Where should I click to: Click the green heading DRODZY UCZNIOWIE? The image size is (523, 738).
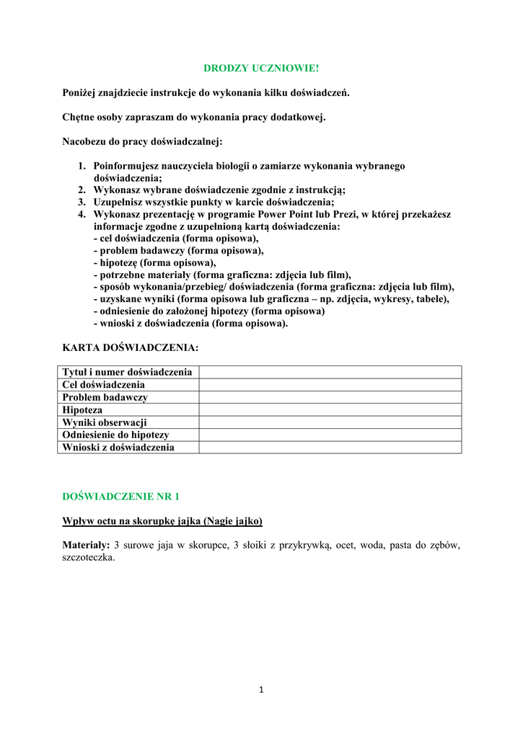click(260, 68)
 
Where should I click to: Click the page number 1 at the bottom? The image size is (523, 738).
click(261, 690)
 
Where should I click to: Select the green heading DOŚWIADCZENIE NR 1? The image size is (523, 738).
click(120, 497)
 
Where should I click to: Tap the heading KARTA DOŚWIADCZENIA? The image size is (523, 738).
click(130, 347)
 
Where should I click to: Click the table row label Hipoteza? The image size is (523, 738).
click(82, 410)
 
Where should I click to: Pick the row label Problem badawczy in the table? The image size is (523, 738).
click(105, 397)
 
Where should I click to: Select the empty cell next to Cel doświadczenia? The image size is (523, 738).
click(330, 385)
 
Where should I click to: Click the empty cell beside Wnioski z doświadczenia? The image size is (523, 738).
click(330, 448)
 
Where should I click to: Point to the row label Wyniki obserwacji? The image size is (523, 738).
click(105, 422)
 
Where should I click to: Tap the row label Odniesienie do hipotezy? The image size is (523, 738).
click(115, 435)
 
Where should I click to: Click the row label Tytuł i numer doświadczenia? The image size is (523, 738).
click(127, 372)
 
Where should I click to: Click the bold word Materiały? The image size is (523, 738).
click(86, 545)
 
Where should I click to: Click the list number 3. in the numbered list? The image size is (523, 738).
click(82, 202)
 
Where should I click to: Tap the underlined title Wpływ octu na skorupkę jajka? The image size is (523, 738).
click(162, 520)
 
